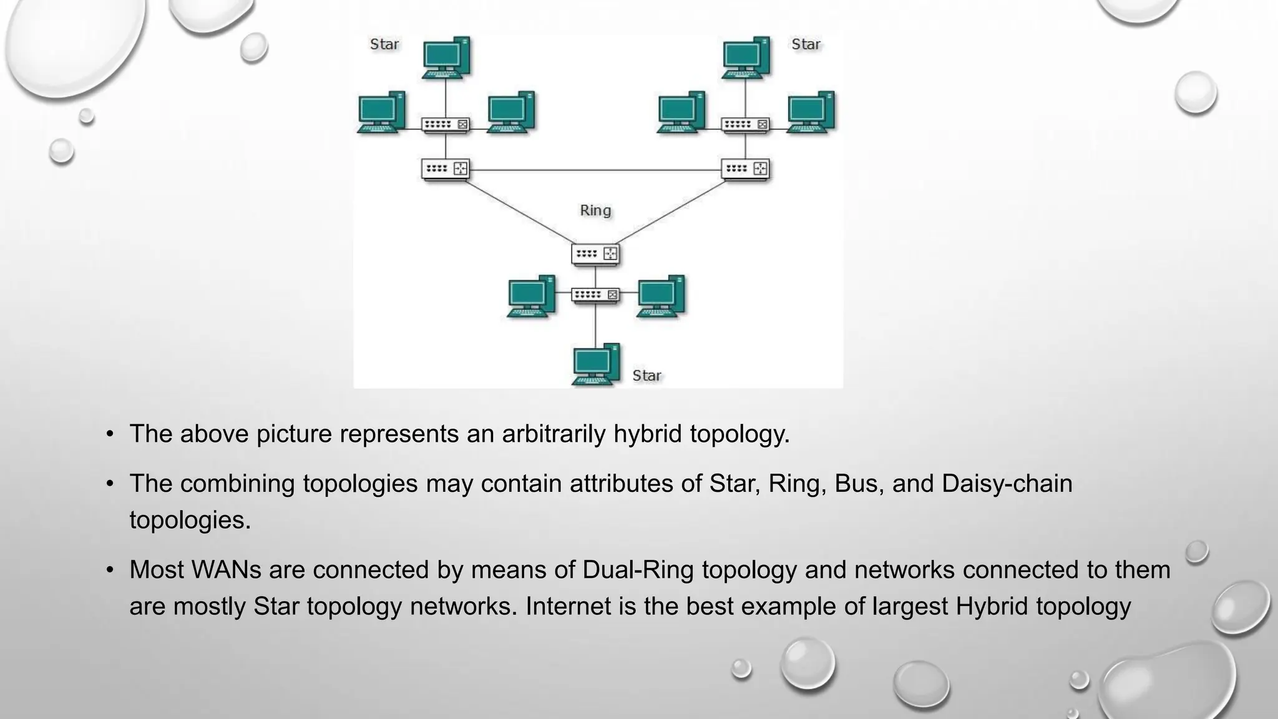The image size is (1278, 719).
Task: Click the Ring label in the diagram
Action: point(595,210)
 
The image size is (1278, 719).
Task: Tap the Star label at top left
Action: point(384,44)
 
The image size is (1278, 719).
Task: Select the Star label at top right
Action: point(806,44)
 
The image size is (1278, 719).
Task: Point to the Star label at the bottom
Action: point(646,376)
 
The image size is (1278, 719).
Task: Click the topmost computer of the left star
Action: point(446,57)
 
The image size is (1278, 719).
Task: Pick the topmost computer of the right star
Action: point(746,57)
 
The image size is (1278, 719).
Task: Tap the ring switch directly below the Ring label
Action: point(595,254)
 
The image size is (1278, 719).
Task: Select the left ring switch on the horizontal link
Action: point(446,169)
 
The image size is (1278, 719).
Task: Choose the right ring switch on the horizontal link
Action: point(746,169)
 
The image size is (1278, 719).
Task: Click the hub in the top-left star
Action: point(446,125)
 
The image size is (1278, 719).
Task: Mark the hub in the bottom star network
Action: point(595,295)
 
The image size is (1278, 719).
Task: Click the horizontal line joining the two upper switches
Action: point(595,170)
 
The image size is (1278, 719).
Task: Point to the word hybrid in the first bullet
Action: point(648,434)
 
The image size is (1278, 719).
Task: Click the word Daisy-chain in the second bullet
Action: point(1007,484)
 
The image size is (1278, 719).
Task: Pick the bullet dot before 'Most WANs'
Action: point(110,570)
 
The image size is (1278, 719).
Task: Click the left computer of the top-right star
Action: point(681,112)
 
